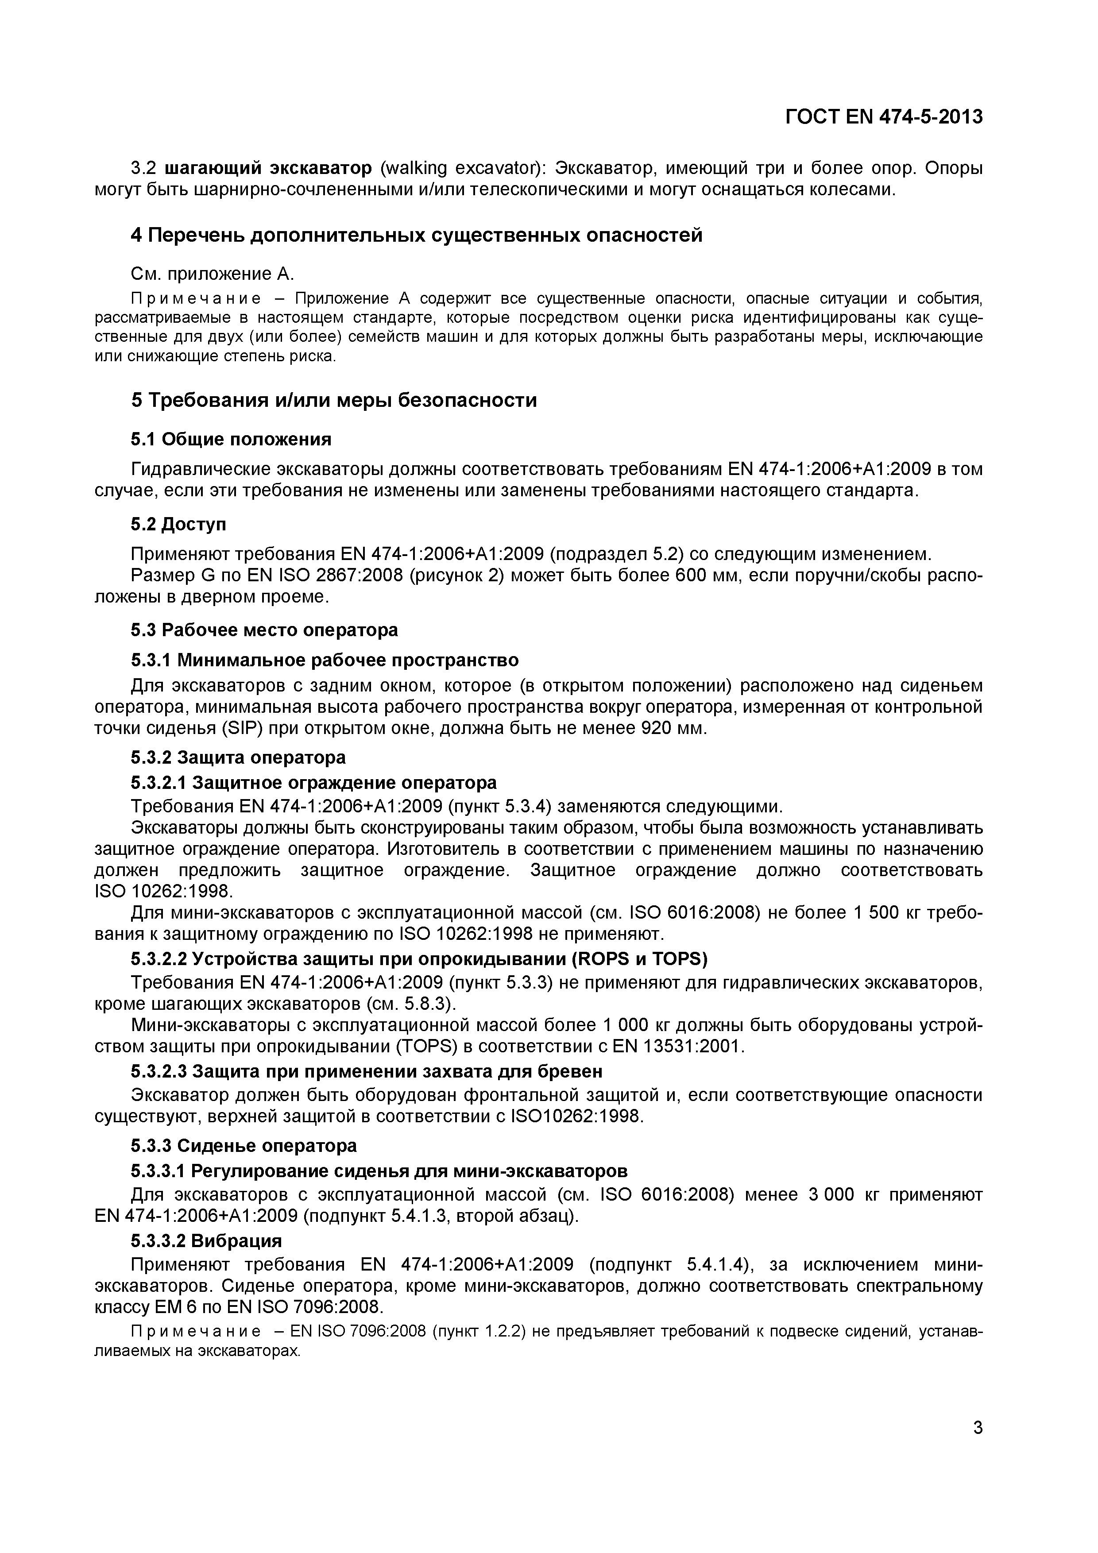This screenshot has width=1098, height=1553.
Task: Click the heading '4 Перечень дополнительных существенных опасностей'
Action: (416, 236)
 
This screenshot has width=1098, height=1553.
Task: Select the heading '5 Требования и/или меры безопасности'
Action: (333, 401)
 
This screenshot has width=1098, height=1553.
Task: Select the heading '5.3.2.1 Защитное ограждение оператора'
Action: (313, 783)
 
